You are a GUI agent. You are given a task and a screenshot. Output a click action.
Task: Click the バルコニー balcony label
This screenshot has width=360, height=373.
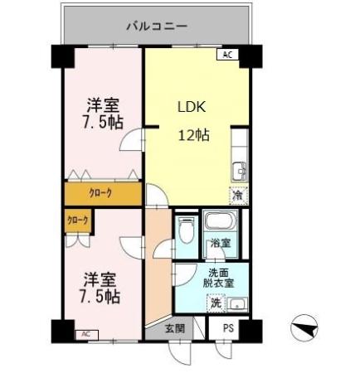tap(157, 26)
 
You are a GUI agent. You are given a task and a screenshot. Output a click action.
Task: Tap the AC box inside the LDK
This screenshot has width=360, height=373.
tap(227, 56)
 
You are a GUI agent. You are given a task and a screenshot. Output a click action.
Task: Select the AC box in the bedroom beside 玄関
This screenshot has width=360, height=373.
tap(84, 334)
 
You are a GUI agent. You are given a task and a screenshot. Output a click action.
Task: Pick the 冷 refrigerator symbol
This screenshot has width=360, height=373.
tap(238, 196)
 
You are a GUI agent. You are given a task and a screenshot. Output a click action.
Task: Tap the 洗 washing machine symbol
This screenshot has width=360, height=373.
tap(216, 304)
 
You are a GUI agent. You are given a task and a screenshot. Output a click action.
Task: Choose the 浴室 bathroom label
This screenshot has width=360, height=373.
tap(220, 244)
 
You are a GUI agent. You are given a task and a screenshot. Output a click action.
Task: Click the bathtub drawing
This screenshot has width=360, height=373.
tap(220, 223)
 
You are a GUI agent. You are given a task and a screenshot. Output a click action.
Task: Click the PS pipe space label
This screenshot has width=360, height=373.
tap(228, 329)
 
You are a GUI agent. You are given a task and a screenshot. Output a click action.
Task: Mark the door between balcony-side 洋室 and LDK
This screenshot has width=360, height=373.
tap(133, 141)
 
